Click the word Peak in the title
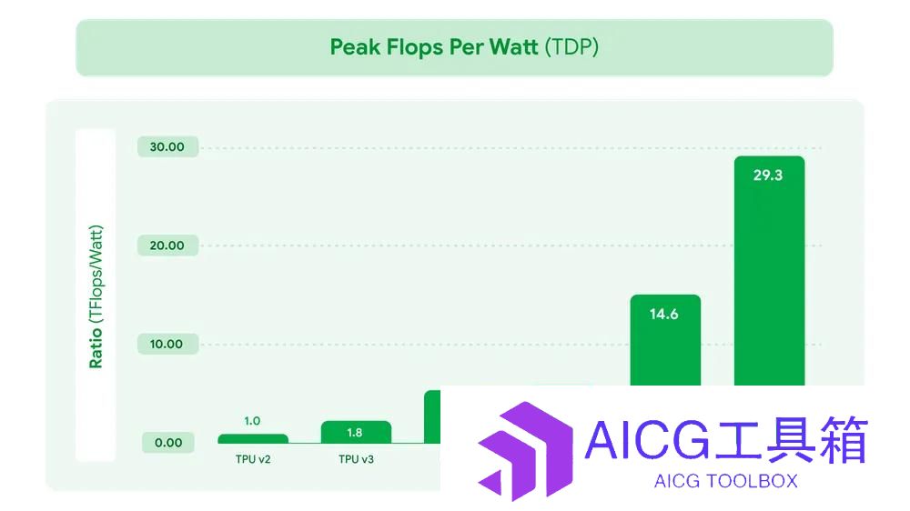click(355, 47)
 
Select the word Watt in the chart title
click(513, 47)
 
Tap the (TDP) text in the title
click(571, 47)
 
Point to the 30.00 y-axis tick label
click(167, 146)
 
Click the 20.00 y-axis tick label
click(167, 245)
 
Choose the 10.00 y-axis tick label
click(167, 344)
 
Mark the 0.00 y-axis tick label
click(168, 443)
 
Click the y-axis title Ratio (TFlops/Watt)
click(96, 296)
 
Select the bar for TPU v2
click(253, 438)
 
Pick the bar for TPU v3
click(357, 432)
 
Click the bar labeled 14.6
click(666, 340)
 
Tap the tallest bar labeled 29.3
click(770, 271)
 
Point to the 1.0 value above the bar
click(252, 420)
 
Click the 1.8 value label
click(355, 432)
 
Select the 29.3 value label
click(768, 175)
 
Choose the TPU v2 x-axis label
click(253, 459)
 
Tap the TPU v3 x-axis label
click(357, 459)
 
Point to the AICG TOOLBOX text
click(725, 481)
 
